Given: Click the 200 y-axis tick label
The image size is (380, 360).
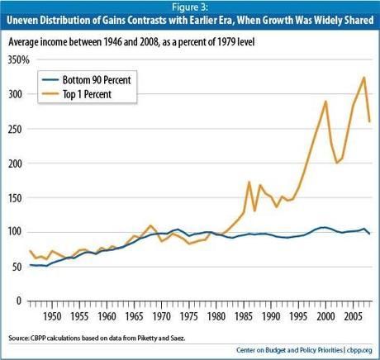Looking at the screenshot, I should click(19, 163).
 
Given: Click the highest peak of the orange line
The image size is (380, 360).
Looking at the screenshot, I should click(364, 78).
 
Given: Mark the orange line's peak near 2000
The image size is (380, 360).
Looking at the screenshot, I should click(325, 102).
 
